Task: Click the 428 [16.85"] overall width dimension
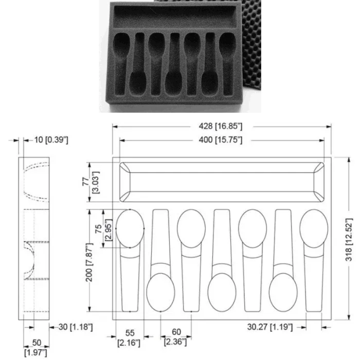220,126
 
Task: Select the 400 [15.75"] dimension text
220,140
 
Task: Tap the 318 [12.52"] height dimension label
349,240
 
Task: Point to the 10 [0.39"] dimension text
51,140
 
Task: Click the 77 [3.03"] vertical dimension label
91,182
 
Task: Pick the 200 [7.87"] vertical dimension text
89,262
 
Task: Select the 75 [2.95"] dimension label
104,230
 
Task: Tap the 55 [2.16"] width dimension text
129,338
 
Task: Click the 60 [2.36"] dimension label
176,337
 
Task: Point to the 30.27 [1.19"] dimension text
270,327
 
